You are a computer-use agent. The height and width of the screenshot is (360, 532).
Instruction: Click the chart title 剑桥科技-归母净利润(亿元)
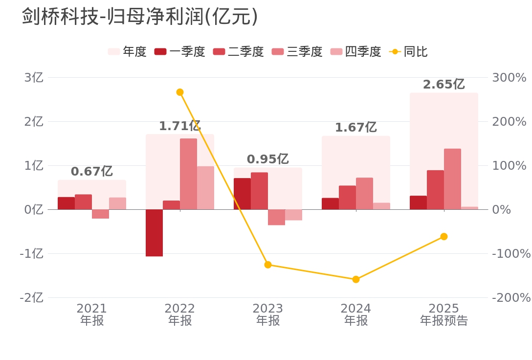point(140,17)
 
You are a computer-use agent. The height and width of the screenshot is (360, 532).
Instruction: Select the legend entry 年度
point(127,51)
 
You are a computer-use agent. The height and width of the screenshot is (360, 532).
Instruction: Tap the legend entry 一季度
point(179,51)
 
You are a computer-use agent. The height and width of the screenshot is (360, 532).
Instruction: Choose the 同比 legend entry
point(408,51)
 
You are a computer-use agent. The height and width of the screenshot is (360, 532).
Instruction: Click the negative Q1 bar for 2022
point(154,233)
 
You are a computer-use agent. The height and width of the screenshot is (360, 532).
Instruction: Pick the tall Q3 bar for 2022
point(188,174)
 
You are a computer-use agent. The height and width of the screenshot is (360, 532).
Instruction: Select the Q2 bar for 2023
point(259,191)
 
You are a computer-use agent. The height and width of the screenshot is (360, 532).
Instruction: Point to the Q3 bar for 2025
point(452,179)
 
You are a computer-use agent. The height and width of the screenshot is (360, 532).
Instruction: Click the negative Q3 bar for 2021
point(100,214)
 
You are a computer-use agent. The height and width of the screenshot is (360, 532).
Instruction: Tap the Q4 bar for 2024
point(381,206)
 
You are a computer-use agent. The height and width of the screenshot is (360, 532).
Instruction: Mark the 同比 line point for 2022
point(179,92)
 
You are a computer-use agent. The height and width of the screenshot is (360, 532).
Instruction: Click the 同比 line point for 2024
point(356,279)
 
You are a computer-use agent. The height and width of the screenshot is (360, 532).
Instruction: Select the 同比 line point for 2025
point(443,236)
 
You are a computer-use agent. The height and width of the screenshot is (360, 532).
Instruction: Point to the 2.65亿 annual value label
point(443,85)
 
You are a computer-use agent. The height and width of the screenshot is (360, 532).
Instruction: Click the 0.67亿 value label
point(91,172)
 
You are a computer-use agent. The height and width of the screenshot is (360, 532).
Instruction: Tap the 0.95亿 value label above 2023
point(267,159)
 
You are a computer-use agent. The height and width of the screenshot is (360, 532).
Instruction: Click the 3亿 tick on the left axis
point(34,78)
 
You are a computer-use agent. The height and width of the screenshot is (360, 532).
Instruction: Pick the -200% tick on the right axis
point(511,298)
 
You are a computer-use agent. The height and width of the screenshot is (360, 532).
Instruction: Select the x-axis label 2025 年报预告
point(443,315)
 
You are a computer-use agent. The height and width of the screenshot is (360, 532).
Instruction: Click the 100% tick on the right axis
point(509,166)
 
